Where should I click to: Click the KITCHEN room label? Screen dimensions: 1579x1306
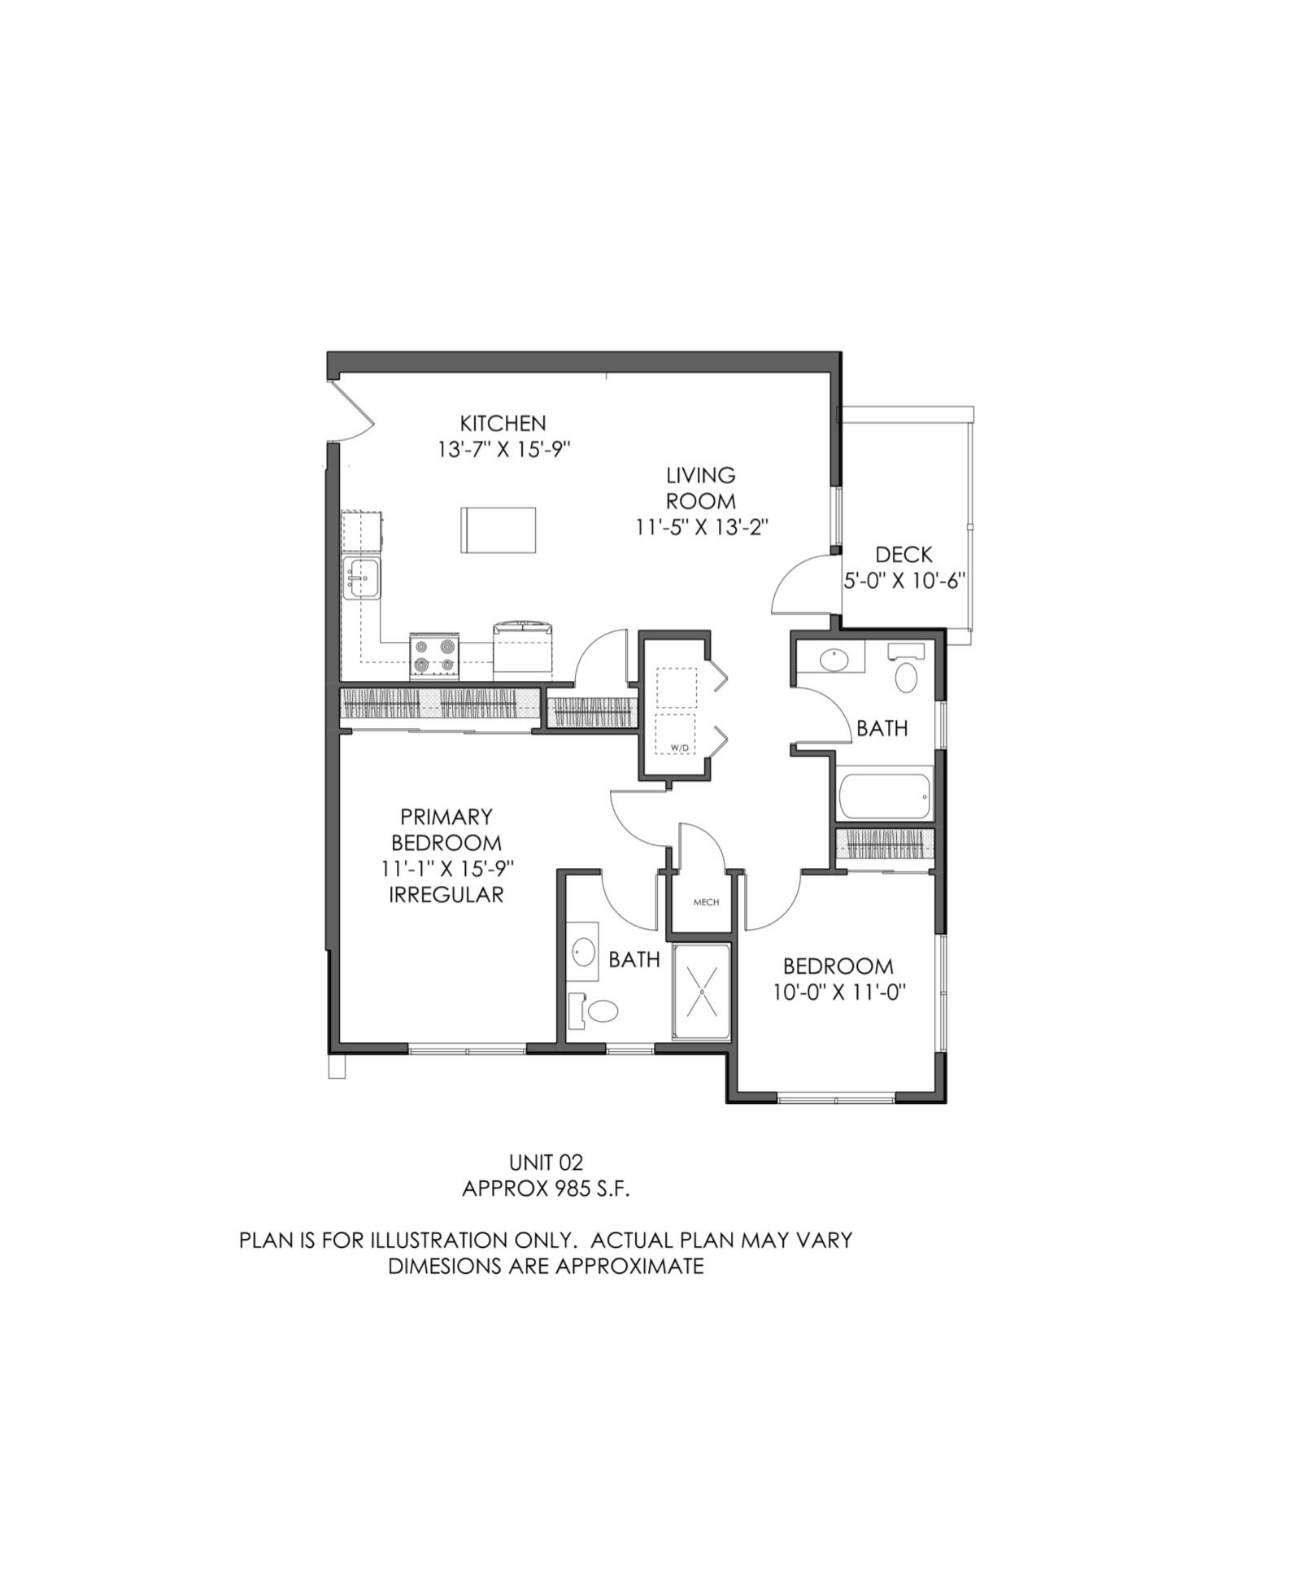tap(503, 423)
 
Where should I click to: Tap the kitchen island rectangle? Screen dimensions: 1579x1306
tap(498, 530)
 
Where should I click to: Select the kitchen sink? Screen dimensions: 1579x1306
tap(362, 578)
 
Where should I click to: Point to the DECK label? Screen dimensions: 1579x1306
tap(903, 555)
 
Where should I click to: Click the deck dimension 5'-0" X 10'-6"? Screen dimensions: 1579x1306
tap(903, 581)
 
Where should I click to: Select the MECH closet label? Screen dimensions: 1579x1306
tap(706, 901)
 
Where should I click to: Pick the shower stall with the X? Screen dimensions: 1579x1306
tap(702, 992)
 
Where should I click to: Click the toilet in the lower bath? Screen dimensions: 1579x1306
tap(603, 1011)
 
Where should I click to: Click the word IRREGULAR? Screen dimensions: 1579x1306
tap(446, 895)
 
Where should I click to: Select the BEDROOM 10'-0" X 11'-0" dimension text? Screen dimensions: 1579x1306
tap(838, 992)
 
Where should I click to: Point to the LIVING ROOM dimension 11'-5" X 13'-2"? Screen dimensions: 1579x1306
tap(702, 527)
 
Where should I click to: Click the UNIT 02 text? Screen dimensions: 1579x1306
tap(546, 1162)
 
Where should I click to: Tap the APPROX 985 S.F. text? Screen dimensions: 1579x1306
tap(546, 1189)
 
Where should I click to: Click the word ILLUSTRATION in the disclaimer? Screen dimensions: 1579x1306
tap(441, 1241)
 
